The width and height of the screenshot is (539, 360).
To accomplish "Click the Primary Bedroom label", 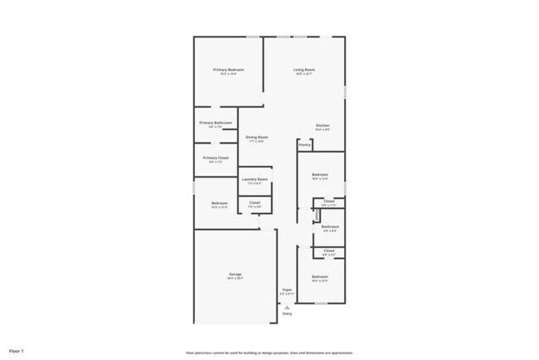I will coord(228,70).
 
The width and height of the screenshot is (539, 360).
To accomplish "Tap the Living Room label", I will coord(303,70).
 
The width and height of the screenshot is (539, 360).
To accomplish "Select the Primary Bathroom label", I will coord(216,123).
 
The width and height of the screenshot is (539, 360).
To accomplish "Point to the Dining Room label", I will coord(256,137).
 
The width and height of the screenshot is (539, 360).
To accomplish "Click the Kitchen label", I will coord(323,126).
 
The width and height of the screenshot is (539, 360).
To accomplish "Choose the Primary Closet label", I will coord(216,158).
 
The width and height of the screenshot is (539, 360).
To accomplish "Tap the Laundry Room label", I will coord(255,179).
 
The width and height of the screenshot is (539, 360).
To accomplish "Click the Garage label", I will coord(236,274).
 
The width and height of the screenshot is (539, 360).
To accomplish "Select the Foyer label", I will coord(287,289).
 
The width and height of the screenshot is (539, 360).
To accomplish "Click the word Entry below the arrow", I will coord(287,314).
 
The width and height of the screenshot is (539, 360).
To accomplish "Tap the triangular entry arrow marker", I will coord(287,306).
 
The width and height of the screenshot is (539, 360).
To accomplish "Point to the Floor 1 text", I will coord(17,351).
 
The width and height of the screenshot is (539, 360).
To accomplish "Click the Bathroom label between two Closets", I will coord(330,226).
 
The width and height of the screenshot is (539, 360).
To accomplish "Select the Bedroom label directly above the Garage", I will coord(219,203).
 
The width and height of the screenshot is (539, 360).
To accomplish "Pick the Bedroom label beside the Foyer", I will coord(320,276).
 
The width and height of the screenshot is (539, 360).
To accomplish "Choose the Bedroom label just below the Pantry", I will coord(320,174).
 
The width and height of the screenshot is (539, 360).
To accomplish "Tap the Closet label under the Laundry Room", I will coord(255,202).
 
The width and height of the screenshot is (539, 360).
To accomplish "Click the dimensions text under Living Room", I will coord(303,75).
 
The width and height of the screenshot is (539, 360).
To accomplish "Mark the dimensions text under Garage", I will coord(236,279).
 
